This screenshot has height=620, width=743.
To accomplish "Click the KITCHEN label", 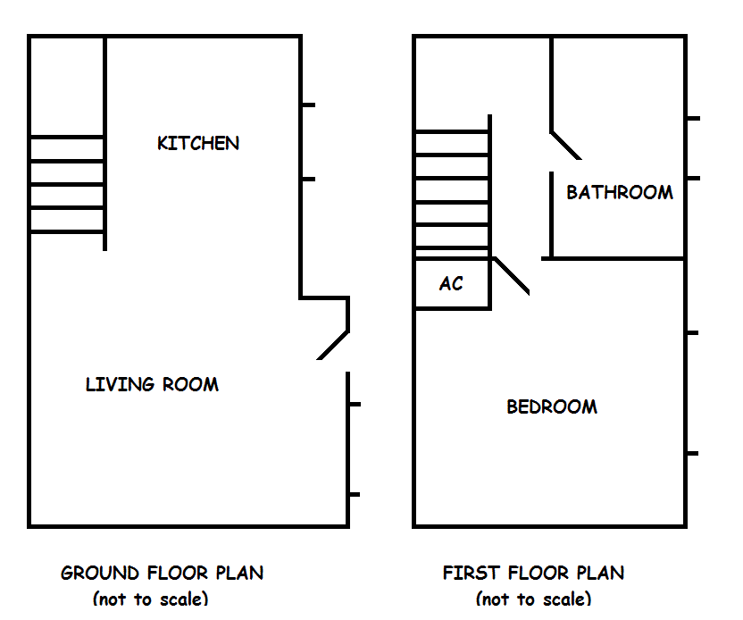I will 198,143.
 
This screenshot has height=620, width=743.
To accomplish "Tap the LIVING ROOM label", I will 152,385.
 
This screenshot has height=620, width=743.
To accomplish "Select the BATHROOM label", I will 620,192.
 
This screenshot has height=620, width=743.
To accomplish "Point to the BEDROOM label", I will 552,407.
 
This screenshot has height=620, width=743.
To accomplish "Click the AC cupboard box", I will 452,284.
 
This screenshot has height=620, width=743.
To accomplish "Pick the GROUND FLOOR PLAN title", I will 162,573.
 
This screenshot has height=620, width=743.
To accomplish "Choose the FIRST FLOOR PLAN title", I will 533,573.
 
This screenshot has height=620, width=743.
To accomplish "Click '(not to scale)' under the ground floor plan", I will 150,599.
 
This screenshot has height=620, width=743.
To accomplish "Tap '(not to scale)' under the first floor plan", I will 533,599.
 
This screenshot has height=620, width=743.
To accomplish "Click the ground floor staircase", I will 68,184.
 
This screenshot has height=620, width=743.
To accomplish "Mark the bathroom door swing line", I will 565,146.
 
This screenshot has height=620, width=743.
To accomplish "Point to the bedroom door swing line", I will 512,276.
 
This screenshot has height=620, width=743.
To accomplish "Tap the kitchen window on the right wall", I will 302,142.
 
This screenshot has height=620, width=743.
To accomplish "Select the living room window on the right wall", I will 348,449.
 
